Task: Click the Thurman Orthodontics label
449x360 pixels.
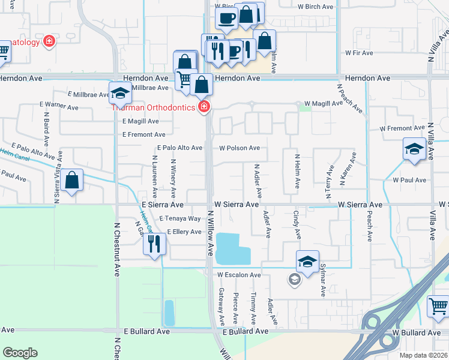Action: pyautogui.click(x=153, y=107)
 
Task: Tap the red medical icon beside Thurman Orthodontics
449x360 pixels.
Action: pyautogui.click(x=204, y=107)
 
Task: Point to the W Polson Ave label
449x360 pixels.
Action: pyautogui.click(x=240, y=148)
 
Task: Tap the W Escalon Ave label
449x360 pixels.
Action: pyautogui.click(x=239, y=275)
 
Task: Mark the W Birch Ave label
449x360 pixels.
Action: pyautogui.click(x=315, y=7)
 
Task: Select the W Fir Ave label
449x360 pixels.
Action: pyautogui.click(x=359, y=53)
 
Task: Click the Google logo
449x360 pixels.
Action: pyautogui.click(x=20, y=353)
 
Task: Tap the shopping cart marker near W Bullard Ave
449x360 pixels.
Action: pyautogui.click(x=438, y=306)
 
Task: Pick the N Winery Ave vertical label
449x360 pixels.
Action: pyautogui.click(x=173, y=178)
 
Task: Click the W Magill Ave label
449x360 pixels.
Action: pyautogui.click(x=323, y=103)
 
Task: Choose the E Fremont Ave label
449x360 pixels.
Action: pyautogui.click(x=143, y=134)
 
